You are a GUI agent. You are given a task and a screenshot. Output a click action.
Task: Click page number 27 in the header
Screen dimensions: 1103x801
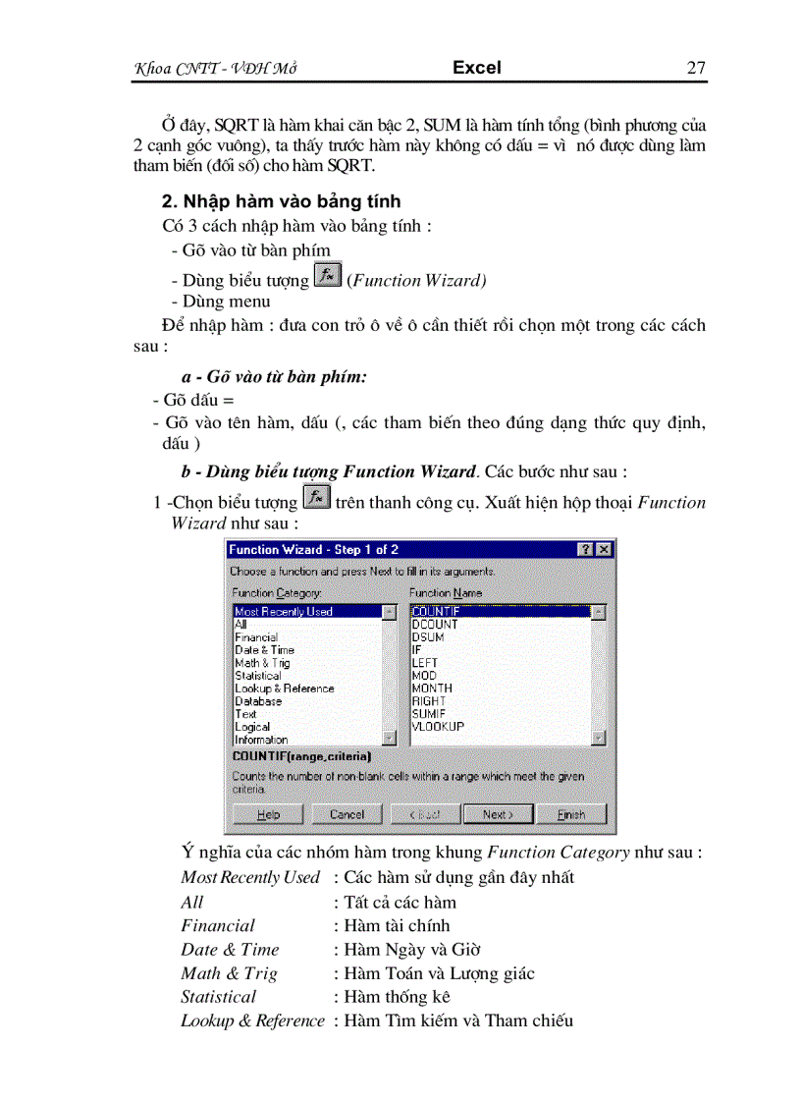[696, 68]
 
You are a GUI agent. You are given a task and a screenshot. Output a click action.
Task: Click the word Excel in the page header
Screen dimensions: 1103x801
[477, 68]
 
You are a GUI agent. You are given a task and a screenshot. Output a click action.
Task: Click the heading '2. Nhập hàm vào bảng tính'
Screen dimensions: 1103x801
[281, 201]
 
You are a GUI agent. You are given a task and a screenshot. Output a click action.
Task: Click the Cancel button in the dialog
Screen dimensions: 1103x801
[347, 814]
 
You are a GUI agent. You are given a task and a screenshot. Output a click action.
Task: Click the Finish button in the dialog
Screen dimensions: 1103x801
[570, 814]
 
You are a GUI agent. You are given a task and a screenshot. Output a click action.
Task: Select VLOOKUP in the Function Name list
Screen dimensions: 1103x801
[438, 727]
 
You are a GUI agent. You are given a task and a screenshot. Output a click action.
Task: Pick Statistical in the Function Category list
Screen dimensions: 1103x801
[257, 676]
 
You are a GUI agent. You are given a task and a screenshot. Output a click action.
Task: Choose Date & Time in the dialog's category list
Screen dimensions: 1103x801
[264, 650]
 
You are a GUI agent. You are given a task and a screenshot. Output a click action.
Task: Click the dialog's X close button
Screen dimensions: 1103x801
[604, 550]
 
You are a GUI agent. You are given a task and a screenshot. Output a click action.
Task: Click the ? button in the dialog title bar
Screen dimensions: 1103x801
[586, 550]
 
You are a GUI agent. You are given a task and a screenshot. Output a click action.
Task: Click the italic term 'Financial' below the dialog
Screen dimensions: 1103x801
[218, 925]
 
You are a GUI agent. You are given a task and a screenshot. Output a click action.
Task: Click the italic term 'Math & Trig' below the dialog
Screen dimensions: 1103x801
[229, 973]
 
